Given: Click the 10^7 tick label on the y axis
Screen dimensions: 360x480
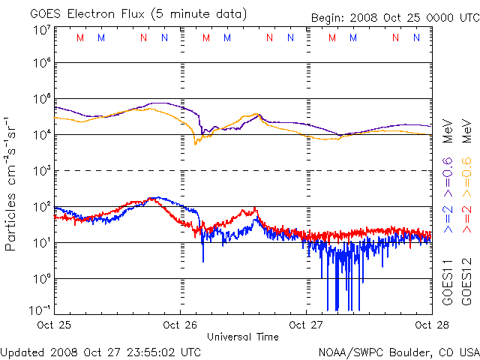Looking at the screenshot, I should click(x=42, y=30).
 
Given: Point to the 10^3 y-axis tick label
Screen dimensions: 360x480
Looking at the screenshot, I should click(x=42, y=171).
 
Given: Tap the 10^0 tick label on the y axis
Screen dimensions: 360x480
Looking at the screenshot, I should click(x=42, y=278).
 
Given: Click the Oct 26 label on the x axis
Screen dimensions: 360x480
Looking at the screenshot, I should click(x=181, y=325).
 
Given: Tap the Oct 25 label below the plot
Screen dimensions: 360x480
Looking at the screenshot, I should click(x=55, y=325).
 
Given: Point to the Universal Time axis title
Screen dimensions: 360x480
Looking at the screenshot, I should click(x=242, y=337).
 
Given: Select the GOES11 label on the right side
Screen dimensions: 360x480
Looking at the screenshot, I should click(x=447, y=282).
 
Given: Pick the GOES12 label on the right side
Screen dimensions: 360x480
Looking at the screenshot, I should click(x=466, y=282).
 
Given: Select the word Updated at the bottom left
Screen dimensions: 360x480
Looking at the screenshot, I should click(x=24, y=352).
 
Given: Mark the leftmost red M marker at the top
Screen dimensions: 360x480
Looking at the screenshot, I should click(x=80, y=37).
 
